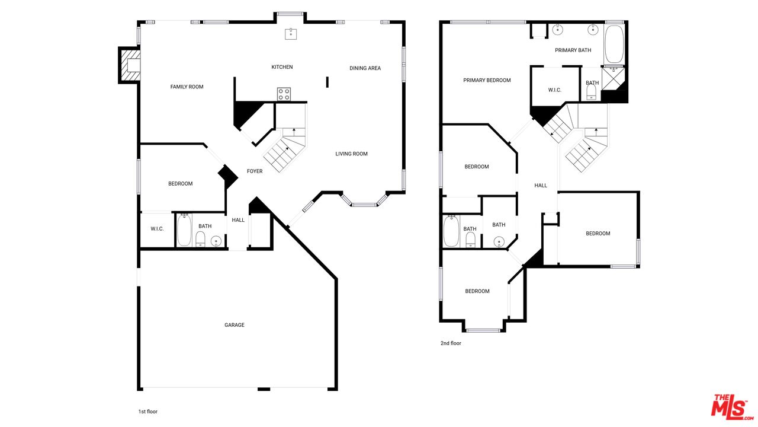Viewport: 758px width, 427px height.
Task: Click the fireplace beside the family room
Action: (x=130, y=65)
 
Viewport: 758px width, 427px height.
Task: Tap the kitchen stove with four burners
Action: (x=284, y=94)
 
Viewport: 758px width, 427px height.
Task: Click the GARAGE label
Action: (x=235, y=325)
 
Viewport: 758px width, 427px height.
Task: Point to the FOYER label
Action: (x=255, y=171)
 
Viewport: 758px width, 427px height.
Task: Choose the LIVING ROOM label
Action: (x=351, y=154)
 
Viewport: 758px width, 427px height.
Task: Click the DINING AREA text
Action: (x=365, y=68)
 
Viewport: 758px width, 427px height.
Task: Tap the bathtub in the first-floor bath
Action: (x=184, y=230)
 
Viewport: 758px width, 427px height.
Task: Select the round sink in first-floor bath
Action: (x=216, y=241)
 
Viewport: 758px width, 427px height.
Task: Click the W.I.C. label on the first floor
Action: (x=157, y=229)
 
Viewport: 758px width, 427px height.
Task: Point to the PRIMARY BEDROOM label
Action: (x=487, y=81)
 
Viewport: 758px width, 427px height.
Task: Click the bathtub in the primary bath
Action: (x=614, y=44)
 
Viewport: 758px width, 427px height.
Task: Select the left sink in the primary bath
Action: (x=557, y=30)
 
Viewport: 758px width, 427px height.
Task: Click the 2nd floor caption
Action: (x=450, y=343)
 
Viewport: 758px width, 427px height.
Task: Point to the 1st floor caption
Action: (x=147, y=412)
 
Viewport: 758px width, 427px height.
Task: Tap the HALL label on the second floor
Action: (x=541, y=186)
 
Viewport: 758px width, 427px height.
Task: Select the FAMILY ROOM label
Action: (x=187, y=87)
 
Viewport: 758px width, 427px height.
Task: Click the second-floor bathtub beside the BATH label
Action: (x=451, y=232)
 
